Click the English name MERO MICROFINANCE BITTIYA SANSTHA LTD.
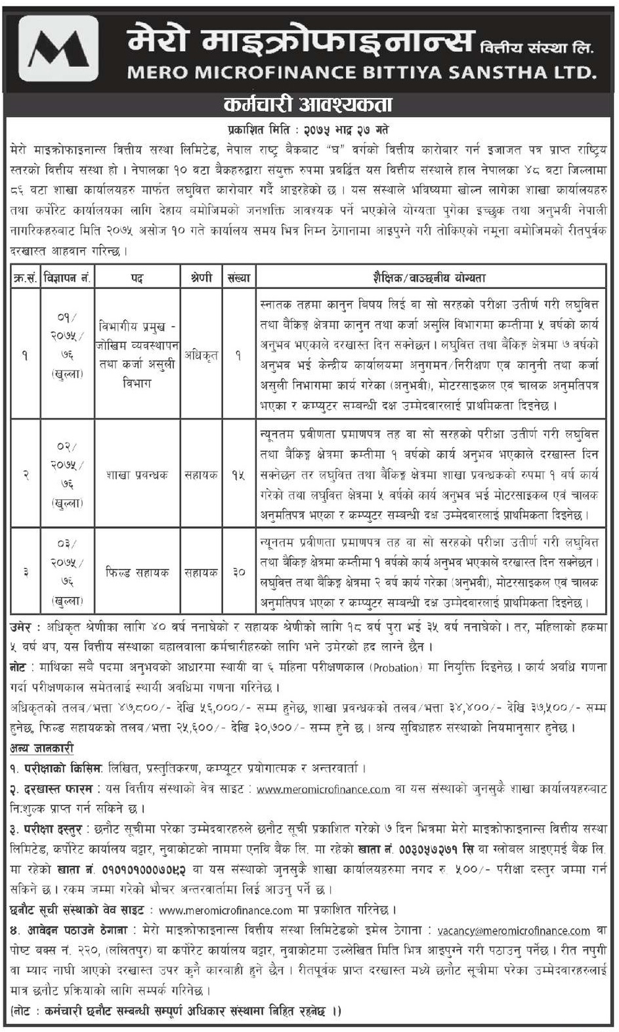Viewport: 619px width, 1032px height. (362, 72)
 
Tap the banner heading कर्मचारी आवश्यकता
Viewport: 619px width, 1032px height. (308, 106)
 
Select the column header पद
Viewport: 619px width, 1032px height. (137, 278)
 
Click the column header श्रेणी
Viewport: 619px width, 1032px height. (201, 278)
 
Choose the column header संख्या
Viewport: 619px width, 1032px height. (238, 278)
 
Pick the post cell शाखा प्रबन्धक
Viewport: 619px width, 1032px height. (137, 474)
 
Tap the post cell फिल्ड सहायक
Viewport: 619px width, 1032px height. (137, 572)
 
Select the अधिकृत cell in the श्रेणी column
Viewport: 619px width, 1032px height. (201, 355)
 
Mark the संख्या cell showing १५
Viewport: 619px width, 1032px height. (238, 474)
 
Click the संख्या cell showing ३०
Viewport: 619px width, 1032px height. (238, 572)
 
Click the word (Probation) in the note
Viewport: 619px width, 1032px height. (396, 667)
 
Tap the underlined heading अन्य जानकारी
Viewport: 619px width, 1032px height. (42, 748)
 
